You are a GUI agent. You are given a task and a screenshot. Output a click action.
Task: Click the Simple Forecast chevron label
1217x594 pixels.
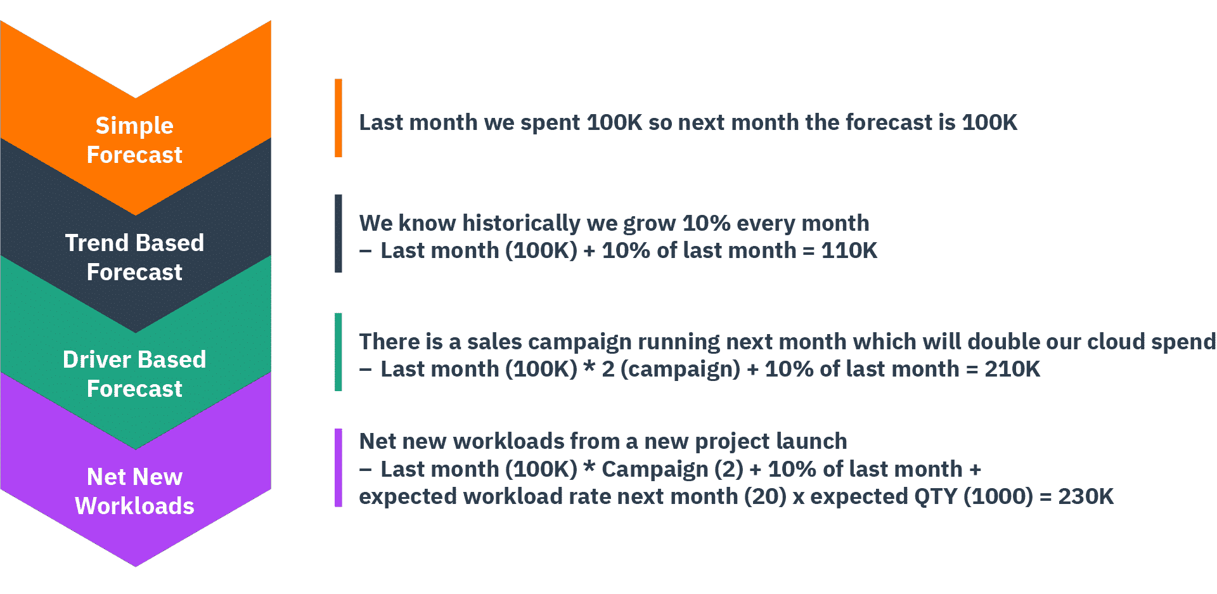[x=134, y=140]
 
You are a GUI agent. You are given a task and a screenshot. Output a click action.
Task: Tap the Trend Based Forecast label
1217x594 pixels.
[x=134, y=257]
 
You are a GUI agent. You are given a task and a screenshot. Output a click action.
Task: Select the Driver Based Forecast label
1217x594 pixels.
[x=134, y=374]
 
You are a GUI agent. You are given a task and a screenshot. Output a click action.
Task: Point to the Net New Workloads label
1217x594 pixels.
[x=134, y=491]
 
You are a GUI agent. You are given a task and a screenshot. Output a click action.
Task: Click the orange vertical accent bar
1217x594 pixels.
[x=338, y=118]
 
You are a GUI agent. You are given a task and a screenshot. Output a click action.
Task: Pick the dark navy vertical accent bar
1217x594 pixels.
[x=338, y=233]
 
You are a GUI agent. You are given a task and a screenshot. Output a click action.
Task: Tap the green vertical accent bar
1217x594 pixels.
[x=338, y=352]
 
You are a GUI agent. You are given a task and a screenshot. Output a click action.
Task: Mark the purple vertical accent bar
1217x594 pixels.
[x=338, y=468]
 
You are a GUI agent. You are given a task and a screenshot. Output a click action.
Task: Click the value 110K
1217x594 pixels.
[x=849, y=251]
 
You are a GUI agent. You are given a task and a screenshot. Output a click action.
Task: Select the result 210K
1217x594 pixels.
[x=1012, y=369]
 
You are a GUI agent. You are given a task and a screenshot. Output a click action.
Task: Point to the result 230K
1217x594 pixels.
[x=1086, y=496]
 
